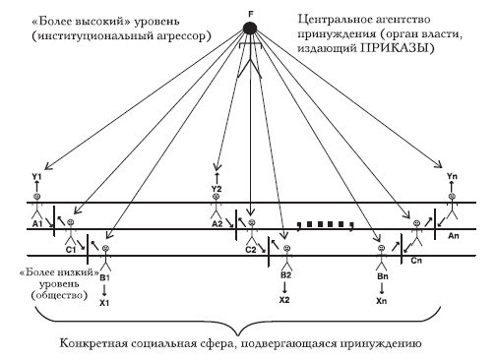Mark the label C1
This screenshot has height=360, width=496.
pos(71,250)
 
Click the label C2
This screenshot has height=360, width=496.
pos(251,250)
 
